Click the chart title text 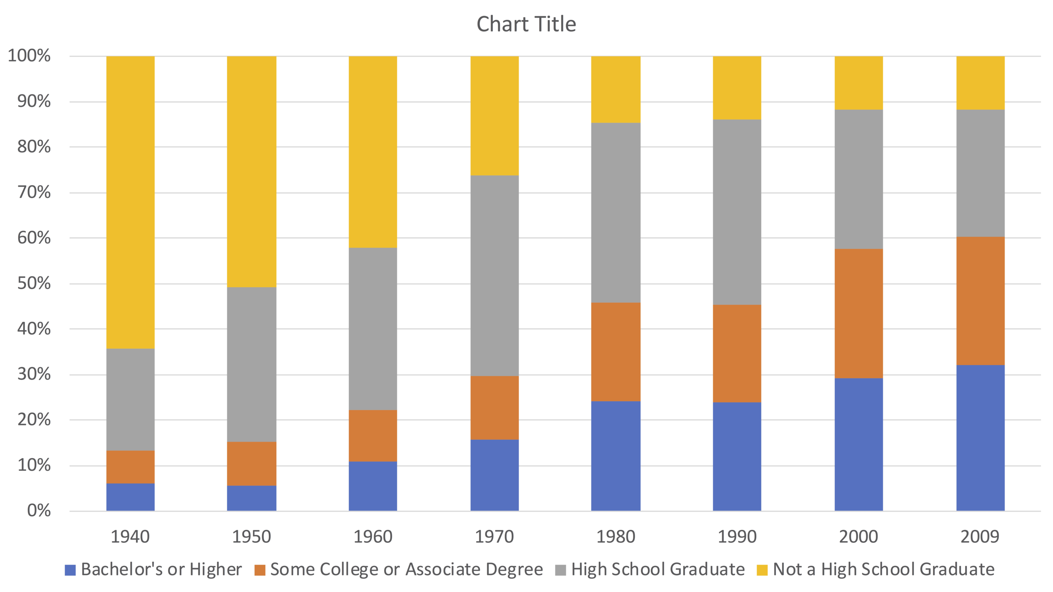[526, 24]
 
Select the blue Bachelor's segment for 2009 [980, 438]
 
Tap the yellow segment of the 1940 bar [130, 202]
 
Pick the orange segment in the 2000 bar [858, 314]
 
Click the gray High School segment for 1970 [494, 276]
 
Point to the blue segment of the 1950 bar [251, 498]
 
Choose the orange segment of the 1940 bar [130, 467]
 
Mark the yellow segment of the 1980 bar [616, 89]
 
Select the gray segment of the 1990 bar [737, 212]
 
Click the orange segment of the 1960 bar [373, 436]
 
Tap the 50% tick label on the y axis [34, 283]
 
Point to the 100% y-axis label [29, 56]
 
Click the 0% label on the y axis [39, 511]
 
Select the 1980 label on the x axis [616, 537]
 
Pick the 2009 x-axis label [980, 537]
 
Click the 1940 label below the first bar [130, 537]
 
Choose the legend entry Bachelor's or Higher [161, 569]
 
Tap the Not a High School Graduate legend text [884, 569]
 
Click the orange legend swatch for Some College [260, 570]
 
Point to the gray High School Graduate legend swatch [561, 570]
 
